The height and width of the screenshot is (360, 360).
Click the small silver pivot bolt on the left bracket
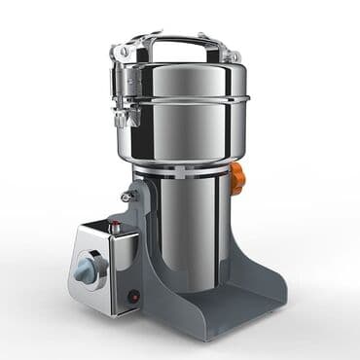(126, 198)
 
